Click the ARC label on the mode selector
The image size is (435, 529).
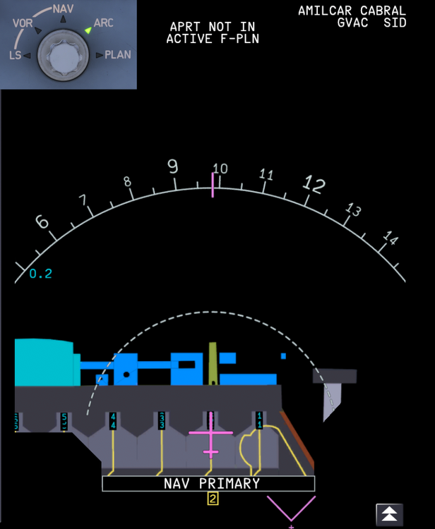pos(103,23)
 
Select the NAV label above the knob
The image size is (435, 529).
pos(63,8)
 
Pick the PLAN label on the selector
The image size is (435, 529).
pos(117,54)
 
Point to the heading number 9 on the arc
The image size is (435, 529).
pos(172,166)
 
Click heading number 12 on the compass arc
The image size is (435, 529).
pos(314,186)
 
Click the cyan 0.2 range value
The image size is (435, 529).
pos(41,274)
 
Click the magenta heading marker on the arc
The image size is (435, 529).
pos(212,184)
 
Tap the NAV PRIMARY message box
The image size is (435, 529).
pos(208,484)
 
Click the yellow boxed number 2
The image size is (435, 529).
pos(213,499)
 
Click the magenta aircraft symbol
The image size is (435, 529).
pos(210,437)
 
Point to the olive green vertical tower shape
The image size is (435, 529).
pos(212,363)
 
